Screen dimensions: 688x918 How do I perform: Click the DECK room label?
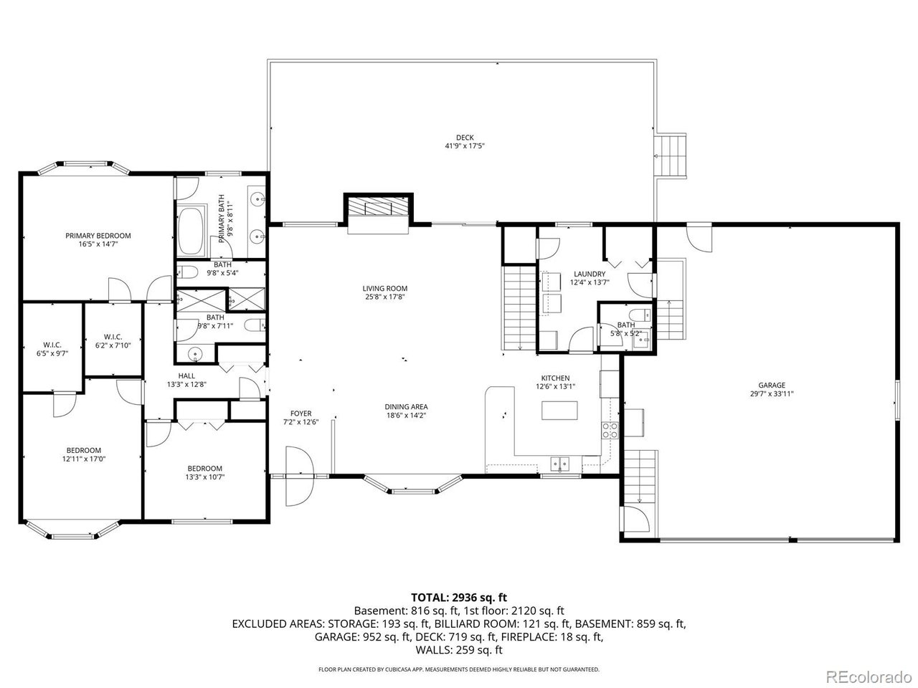465,138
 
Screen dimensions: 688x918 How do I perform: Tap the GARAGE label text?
772,385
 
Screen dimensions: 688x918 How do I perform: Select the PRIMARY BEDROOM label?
98,235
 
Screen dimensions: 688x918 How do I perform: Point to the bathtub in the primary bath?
191,231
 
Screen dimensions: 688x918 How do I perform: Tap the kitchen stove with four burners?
610,430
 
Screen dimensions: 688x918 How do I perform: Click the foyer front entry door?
298,476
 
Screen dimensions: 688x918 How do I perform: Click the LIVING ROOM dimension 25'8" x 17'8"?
384,297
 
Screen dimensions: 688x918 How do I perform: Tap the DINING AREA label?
407,406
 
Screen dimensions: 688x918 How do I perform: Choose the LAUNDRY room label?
590,274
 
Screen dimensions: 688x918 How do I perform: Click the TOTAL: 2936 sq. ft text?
459,596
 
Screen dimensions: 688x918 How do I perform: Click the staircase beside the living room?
520,306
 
